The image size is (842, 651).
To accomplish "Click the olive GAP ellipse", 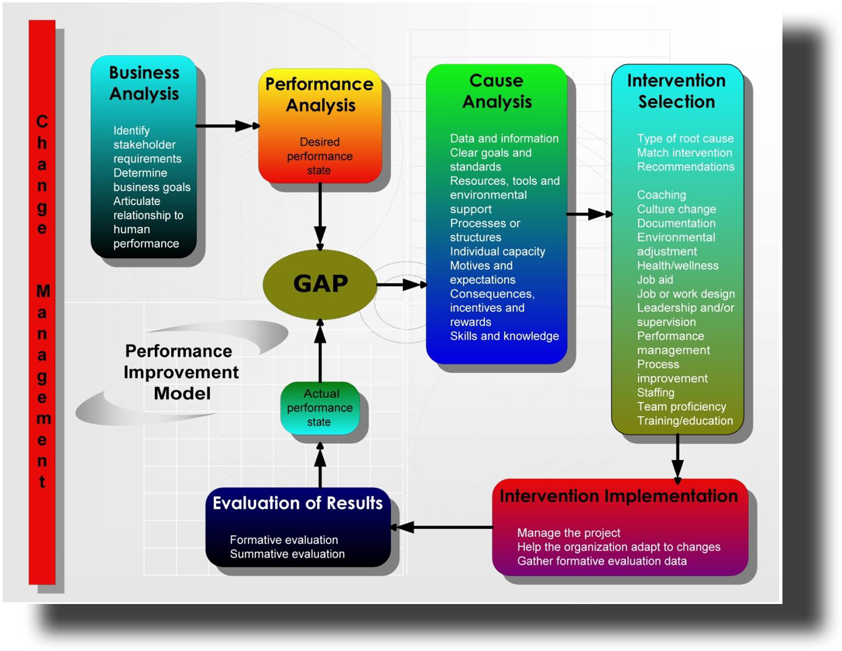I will [320, 284].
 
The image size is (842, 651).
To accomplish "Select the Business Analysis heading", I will [144, 83].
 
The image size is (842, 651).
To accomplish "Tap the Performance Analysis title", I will [320, 95].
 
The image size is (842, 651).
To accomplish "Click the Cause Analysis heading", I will [497, 91].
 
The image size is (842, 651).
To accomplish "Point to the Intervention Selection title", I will [677, 91].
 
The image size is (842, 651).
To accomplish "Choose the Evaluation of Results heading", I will [298, 503].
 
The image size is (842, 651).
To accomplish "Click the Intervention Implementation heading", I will [618, 496].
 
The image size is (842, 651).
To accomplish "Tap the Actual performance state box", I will [320, 408].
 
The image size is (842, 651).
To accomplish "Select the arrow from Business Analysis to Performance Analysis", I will [227, 126].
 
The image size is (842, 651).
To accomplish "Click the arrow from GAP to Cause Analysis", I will [401, 285].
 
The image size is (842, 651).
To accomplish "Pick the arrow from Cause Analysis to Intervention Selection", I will [589, 214].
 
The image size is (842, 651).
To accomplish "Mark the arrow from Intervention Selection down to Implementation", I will [677, 459].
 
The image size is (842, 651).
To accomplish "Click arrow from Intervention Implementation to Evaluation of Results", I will [442, 527].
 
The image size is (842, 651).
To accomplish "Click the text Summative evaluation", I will [287, 554].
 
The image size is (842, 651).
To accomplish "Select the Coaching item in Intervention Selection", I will [662, 195].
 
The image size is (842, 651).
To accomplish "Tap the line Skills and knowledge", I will [504, 336].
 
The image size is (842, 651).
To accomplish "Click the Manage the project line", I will [568, 533].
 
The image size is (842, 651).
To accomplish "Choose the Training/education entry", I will [685, 420].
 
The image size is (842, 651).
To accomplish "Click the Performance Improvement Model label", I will [181, 372].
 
